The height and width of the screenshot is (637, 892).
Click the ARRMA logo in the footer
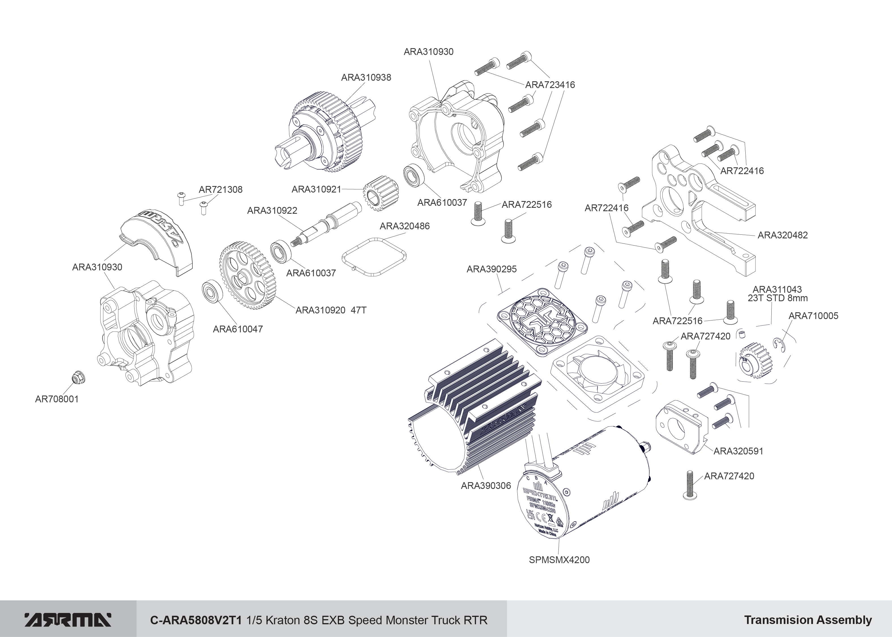coord(68,620)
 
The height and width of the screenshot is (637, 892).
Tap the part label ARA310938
coord(366,78)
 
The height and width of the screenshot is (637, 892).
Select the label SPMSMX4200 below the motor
coord(559,560)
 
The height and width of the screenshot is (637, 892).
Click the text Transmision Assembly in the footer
coord(808,620)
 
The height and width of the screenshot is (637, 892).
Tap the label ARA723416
coord(550,85)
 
